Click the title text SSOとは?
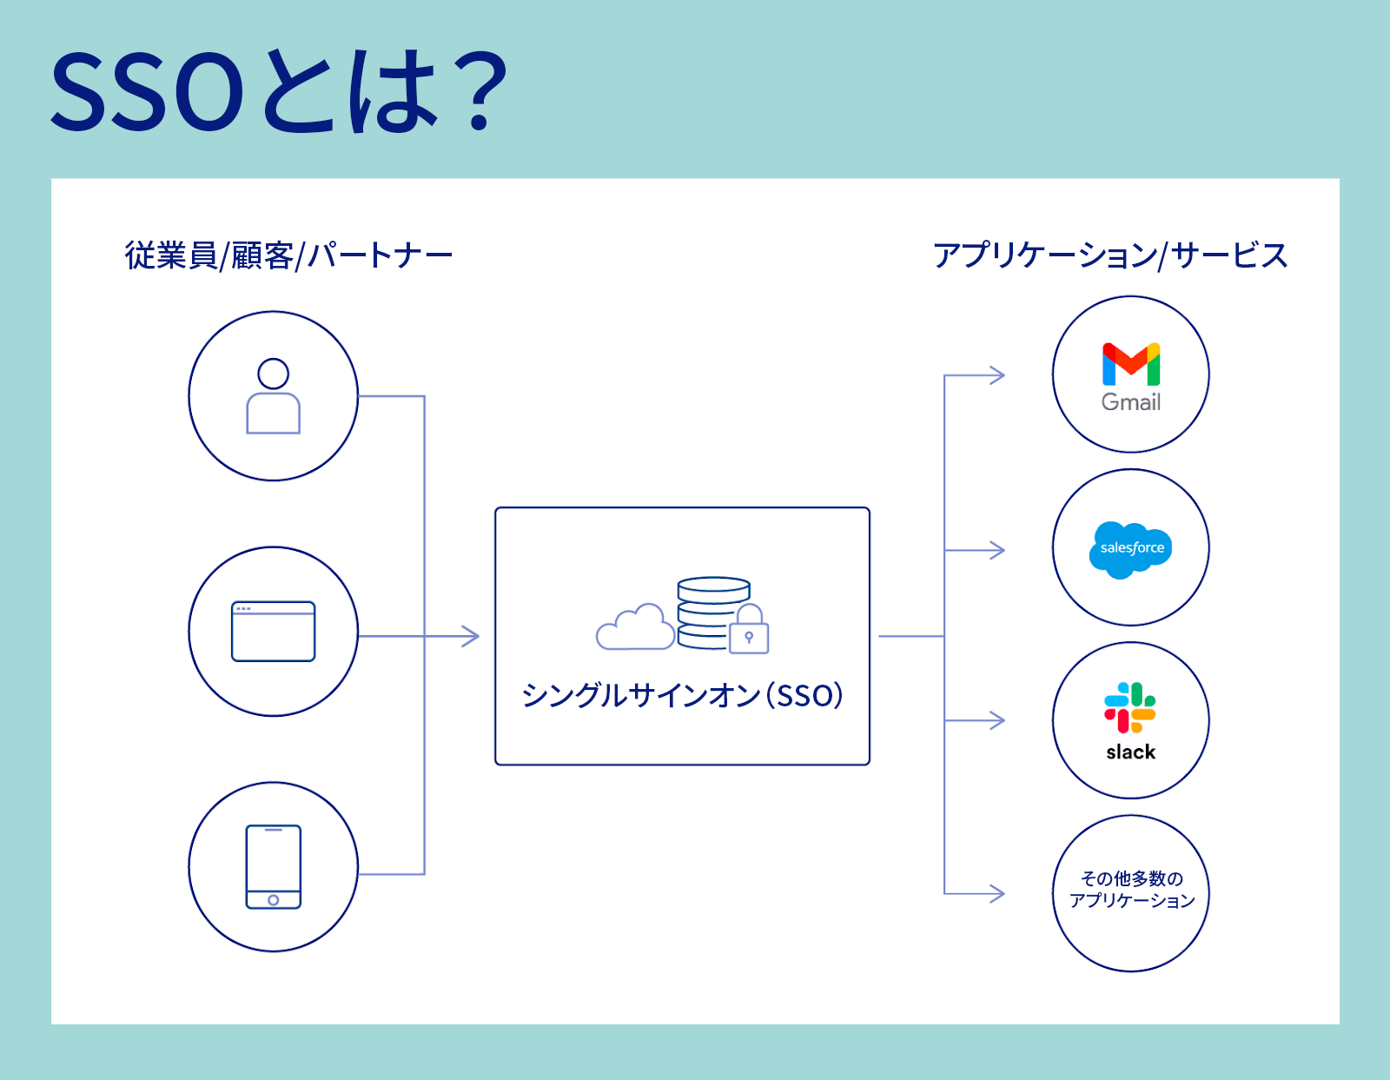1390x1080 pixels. pos(280,90)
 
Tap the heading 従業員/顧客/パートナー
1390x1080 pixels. pos(288,255)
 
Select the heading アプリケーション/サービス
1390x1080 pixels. pos(1109,255)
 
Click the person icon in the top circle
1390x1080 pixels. pos(273,396)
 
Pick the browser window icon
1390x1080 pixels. pos(273,631)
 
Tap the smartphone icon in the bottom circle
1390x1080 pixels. pos(273,866)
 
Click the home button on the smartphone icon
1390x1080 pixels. pos(273,899)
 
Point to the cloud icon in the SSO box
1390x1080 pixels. pos(634,627)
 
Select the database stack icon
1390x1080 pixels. pos(712,613)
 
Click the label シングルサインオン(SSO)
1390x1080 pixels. pos(682,695)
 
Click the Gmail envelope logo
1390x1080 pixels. pos(1131,364)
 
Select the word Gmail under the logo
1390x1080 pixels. pos(1131,402)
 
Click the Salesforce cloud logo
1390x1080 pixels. pos(1130,549)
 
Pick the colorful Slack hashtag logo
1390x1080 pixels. pos(1130,707)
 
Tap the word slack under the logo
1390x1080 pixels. pos(1131,752)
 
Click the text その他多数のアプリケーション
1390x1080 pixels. pos(1132,890)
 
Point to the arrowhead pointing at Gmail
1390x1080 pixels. pos(996,374)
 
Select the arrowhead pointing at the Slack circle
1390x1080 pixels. pos(996,720)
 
